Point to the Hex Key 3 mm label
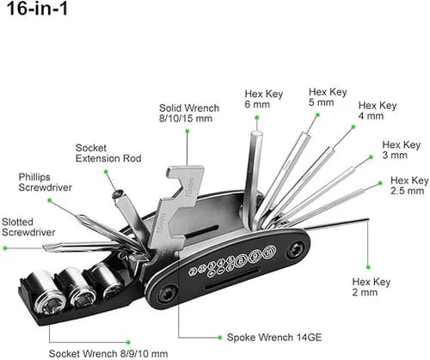click(402, 150)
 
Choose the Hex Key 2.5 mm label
click(408, 186)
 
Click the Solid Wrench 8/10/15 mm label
click(188, 114)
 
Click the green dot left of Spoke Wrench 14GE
click(180, 338)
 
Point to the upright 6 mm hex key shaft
click(255, 172)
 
